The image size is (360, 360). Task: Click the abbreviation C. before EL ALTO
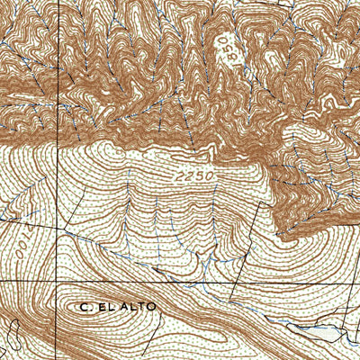click(x=84, y=307)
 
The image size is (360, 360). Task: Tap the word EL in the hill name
click(x=105, y=307)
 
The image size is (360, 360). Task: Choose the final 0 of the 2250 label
click(x=209, y=176)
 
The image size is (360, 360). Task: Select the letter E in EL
click(x=101, y=307)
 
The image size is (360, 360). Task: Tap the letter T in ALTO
click(x=140, y=307)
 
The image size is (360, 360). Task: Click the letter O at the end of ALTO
click(x=151, y=307)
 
